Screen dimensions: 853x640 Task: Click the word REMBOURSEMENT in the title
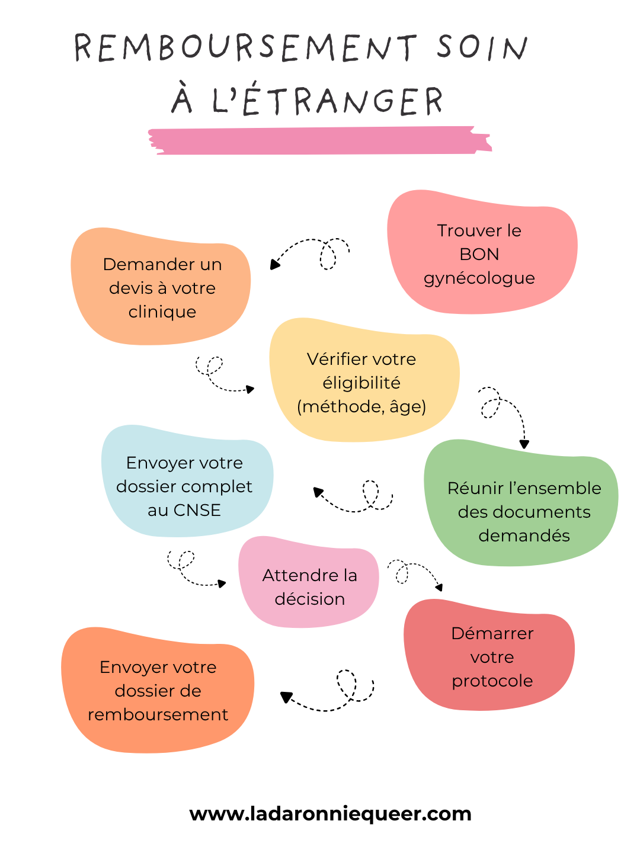tap(245, 47)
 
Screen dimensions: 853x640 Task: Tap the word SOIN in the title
tap(482, 47)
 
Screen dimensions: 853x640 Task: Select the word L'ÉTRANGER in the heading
tap(328, 101)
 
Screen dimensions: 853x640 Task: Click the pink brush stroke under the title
tap(320, 141)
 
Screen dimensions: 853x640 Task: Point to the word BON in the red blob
tap(479, 254)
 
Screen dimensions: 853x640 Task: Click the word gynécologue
tap(479, 278)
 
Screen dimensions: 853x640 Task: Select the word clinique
tap(162, 312)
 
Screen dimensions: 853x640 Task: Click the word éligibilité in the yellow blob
tap(361, 383)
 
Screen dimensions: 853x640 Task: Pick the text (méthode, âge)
tap(361, 406)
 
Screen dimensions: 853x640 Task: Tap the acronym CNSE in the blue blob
tap(197, 510)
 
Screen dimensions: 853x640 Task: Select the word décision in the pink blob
tap(309, 599)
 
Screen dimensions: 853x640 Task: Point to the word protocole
tap(492, 681)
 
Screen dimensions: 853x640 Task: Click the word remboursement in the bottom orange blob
tap(158, 714)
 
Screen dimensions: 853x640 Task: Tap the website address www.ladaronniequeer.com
tap(330, 814)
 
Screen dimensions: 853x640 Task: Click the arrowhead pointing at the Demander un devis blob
tap(274, 265)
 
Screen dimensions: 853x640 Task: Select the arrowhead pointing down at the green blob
tap(524, 444)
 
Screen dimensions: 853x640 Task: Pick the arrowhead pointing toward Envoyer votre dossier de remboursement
tap(286, 697)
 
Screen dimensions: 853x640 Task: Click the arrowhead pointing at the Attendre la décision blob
tap(222, 583)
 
